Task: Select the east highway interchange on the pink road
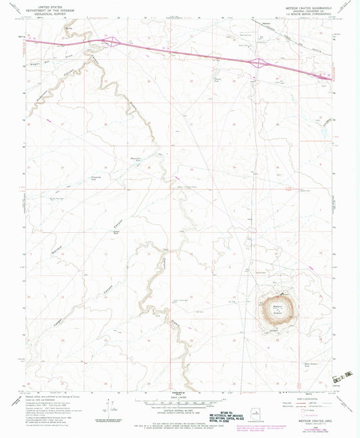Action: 257,63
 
